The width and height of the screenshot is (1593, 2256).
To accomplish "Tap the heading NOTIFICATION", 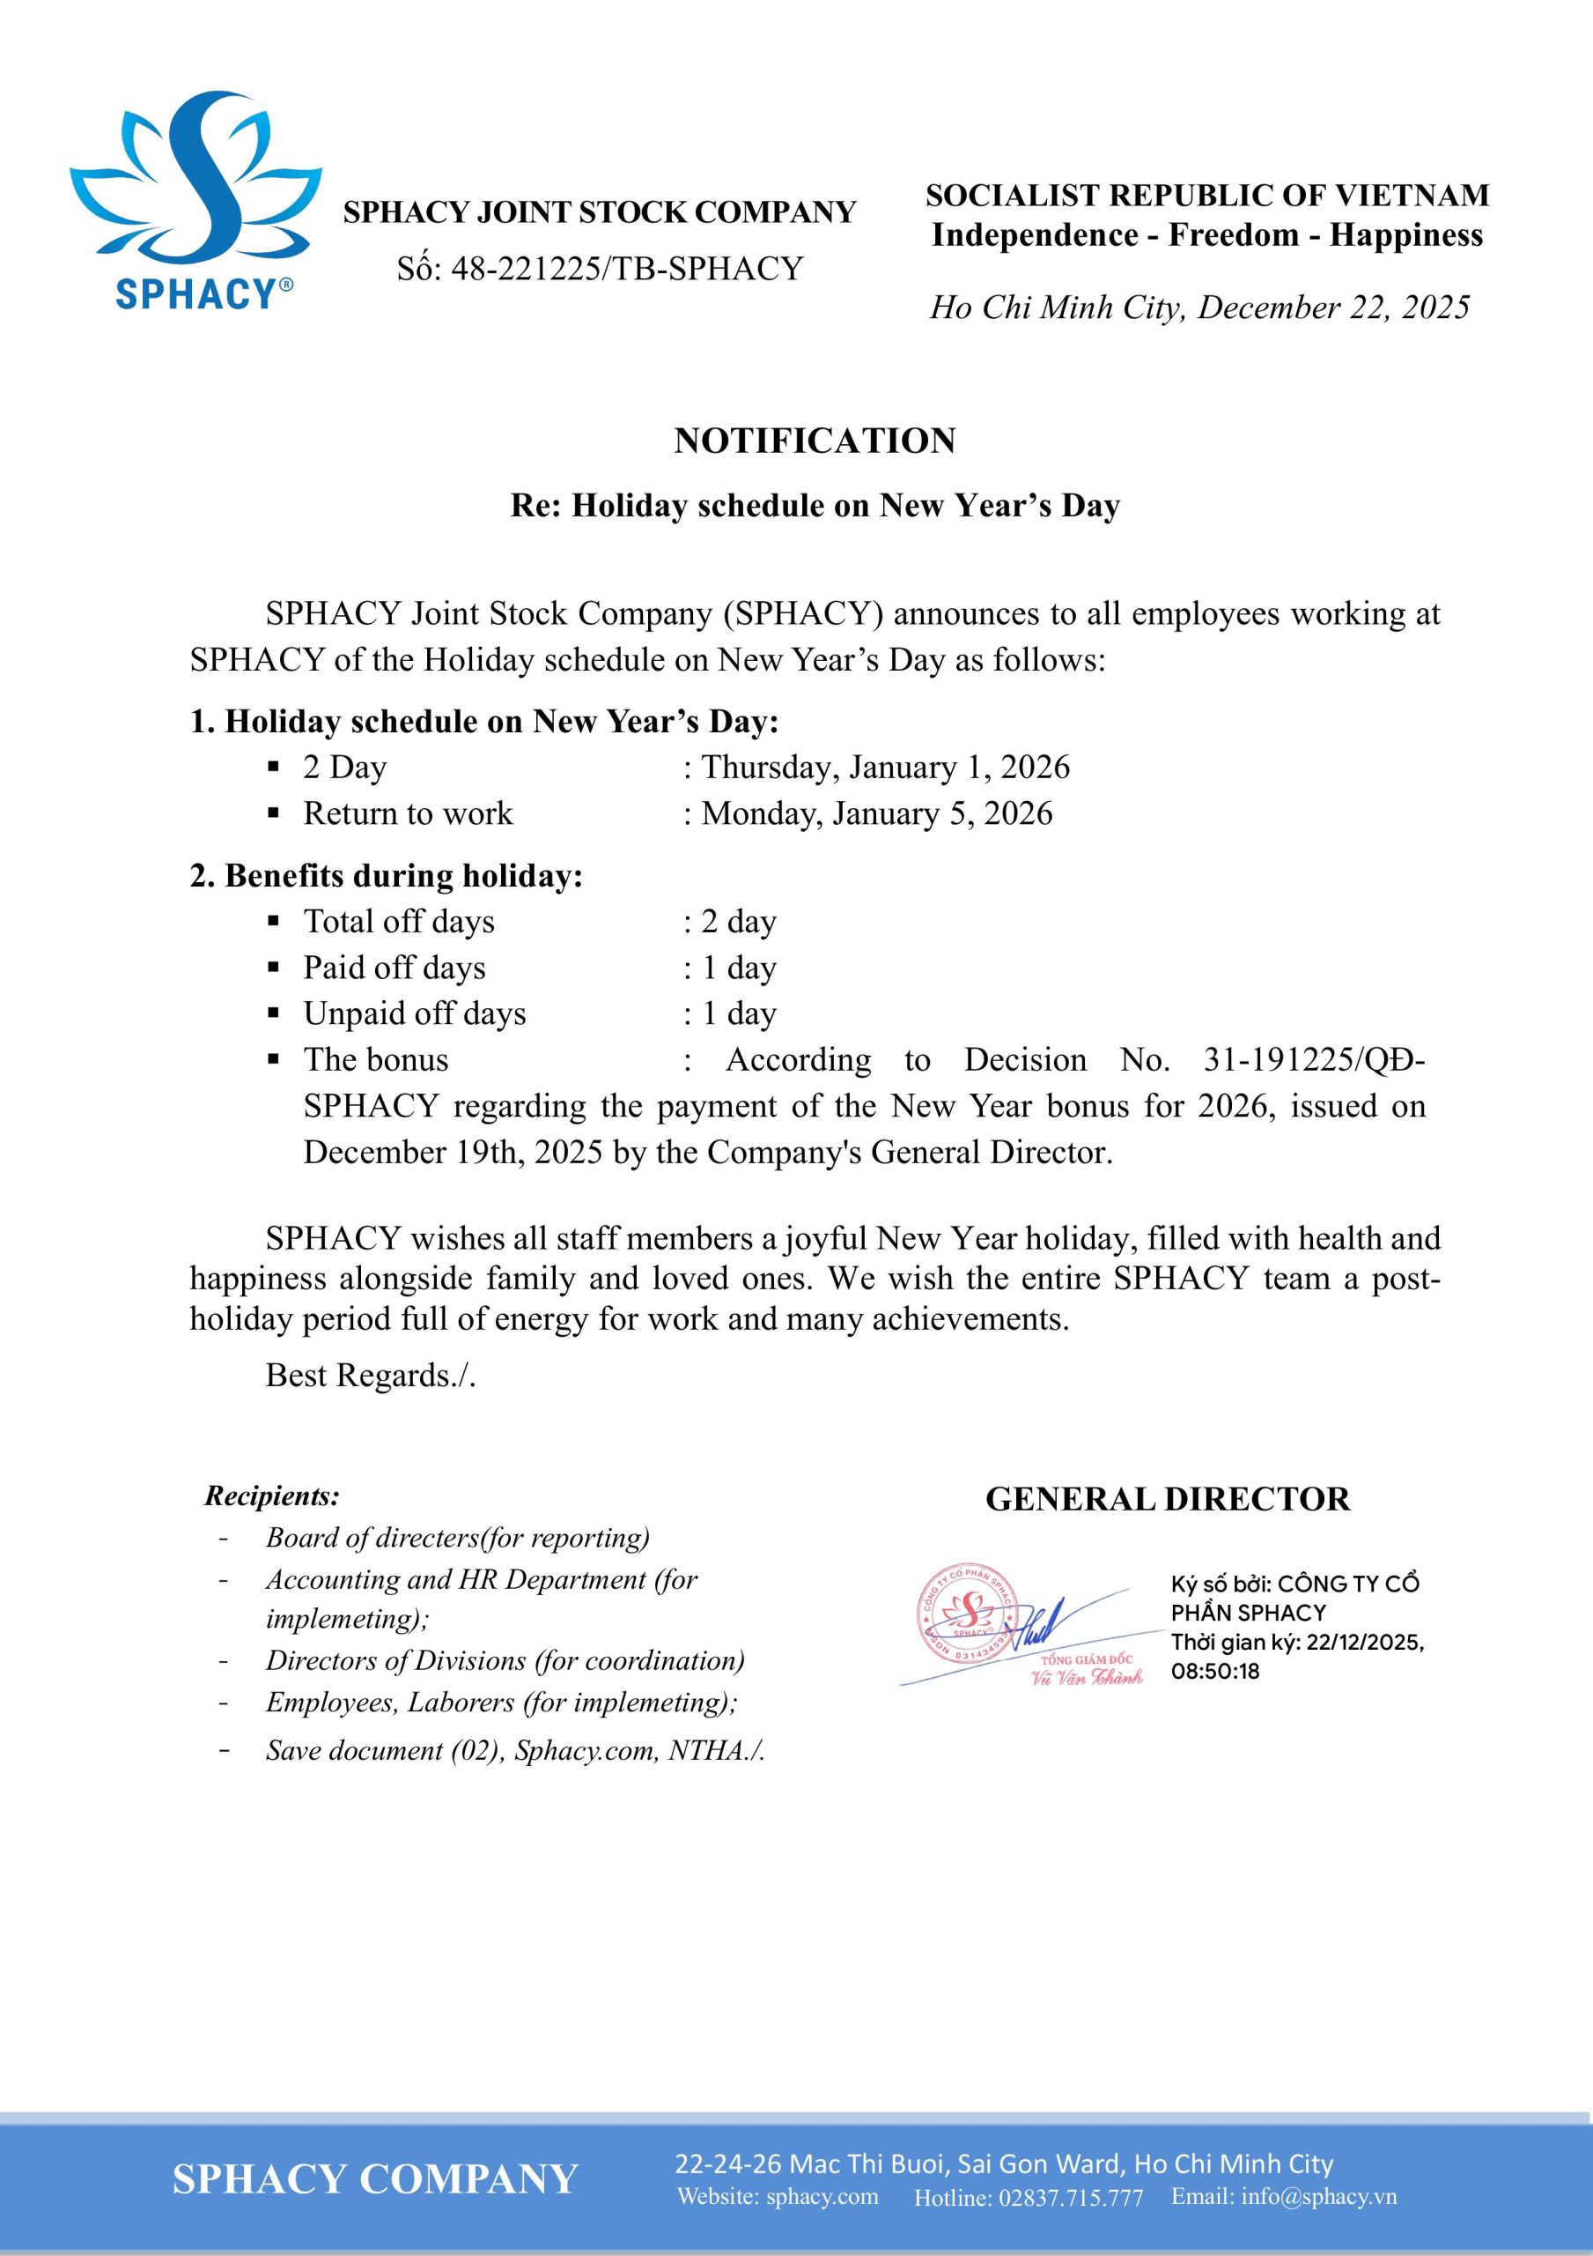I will (815, 441).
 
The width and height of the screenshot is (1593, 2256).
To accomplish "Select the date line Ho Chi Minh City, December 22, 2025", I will (1199, 308).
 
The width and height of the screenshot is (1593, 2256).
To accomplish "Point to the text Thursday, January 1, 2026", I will (885, 767).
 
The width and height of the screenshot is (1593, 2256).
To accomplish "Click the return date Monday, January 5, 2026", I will (876, 813).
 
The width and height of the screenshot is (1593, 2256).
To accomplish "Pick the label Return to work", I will (408, 813).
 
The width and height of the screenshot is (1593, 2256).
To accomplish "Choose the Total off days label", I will (399, 921).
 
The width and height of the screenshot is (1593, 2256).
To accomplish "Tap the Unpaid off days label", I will (415, 1013).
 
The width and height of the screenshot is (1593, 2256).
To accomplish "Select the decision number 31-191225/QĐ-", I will (1314, 1059).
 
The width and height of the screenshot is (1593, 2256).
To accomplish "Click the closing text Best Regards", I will (369, 1375).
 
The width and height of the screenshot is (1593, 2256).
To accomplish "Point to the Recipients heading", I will (272, 1496).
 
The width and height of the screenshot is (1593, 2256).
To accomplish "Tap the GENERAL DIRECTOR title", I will (1167, 1499).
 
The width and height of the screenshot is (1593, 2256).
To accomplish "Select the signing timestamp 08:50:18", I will (1215, 1672).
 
